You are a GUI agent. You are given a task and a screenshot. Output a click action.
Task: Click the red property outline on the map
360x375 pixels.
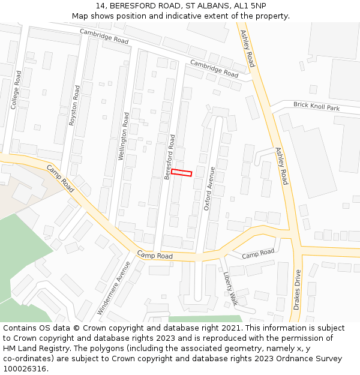181,173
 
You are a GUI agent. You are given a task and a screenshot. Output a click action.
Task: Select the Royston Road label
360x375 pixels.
74,104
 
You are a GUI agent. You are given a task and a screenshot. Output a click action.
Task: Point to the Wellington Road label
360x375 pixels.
123,136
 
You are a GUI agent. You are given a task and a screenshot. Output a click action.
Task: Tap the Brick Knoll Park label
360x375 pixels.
316,107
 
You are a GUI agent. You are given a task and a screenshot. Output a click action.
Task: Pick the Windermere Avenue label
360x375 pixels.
113,289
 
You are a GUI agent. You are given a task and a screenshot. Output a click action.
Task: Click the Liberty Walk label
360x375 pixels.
230,289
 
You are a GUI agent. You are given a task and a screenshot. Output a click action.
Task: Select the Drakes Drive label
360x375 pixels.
298,290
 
